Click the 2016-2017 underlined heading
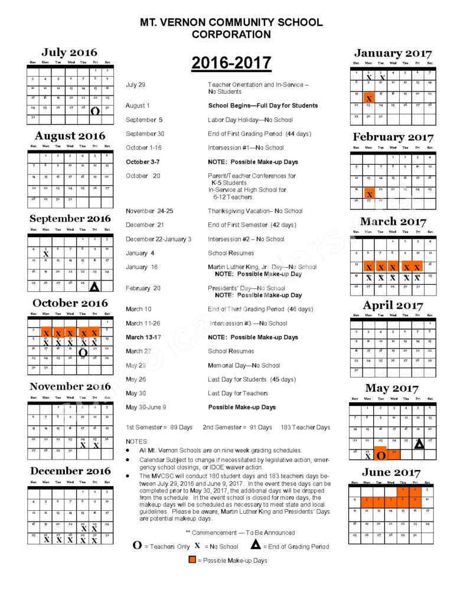point(231,63)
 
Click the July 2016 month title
point(69,52)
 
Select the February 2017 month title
point(393,137)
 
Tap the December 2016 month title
point(70,471)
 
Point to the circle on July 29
point(94,110)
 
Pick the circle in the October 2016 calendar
point(83,353)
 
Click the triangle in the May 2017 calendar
point(419,444)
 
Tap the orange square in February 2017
point(370,193)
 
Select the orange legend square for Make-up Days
point(192,560)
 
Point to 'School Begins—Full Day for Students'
point(263,106)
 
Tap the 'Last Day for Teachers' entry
point(237,393)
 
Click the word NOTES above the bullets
point(138,442)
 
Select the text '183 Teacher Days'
point(306,428)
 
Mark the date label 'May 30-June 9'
point(145,408)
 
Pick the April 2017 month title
point(393,306)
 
